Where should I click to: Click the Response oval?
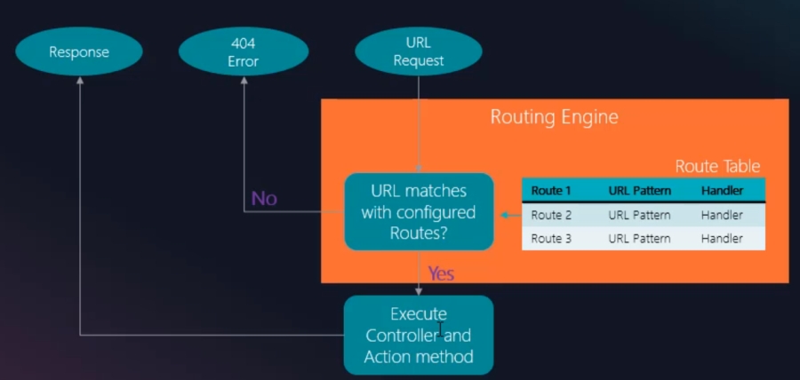[79, 51]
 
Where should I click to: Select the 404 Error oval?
[243, 51]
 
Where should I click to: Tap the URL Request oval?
[419, 51]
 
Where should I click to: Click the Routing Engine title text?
[554, 117]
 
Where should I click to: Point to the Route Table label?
[717, 166]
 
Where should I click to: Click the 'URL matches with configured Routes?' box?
[419, 211]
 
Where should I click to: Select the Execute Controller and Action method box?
[419, 335]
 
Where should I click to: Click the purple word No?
[264, 198]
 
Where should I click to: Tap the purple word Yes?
[441, 273]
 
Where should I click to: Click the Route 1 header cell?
[551, 191]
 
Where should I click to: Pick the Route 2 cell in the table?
[551, 215]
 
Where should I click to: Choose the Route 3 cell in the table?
[551, 238]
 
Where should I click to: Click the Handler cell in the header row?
[722, 191]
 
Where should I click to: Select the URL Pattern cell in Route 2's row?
[639, 215]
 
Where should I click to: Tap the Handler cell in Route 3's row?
[722, 238]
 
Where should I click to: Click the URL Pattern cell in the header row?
[639, 191]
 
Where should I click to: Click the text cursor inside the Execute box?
[440, 329]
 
